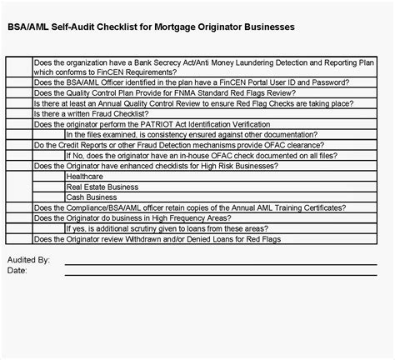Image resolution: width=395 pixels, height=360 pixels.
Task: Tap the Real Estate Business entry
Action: (102, 187)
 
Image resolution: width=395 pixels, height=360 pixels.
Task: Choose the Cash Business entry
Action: (91, 197)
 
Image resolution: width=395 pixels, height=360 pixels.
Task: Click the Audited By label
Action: (28, 260)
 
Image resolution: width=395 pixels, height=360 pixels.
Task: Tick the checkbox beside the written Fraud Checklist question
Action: (19, 113)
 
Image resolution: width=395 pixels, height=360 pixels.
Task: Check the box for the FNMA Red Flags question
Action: (19, 92)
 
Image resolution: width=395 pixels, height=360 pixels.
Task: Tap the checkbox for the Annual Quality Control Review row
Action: (19, 103)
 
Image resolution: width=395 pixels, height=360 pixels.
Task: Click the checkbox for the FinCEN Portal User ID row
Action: (19, 82)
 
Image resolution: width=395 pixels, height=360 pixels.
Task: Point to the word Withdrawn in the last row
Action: (142, 239)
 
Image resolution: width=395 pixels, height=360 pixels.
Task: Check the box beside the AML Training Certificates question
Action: (19, 207)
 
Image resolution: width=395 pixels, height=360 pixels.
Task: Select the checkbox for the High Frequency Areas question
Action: (19, 218)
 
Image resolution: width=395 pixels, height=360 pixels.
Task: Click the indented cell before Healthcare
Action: (48, 177)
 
